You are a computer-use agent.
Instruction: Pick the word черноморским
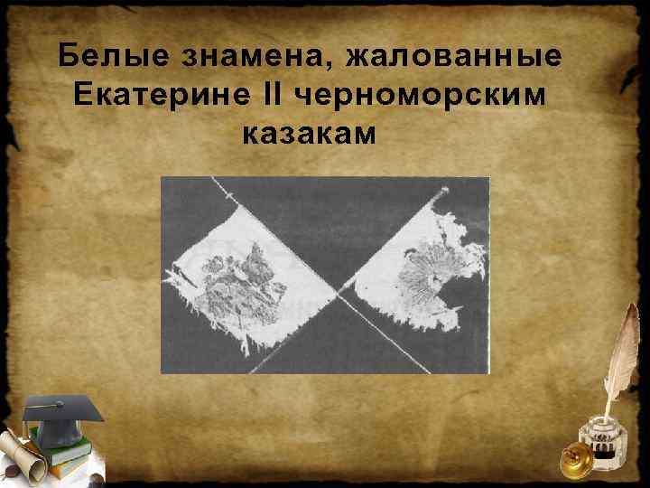[420, 95]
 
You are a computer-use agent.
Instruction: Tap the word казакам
[308, 134]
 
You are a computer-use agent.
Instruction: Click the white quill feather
[624, 352]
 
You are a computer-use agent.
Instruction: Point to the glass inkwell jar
[599, 443]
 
